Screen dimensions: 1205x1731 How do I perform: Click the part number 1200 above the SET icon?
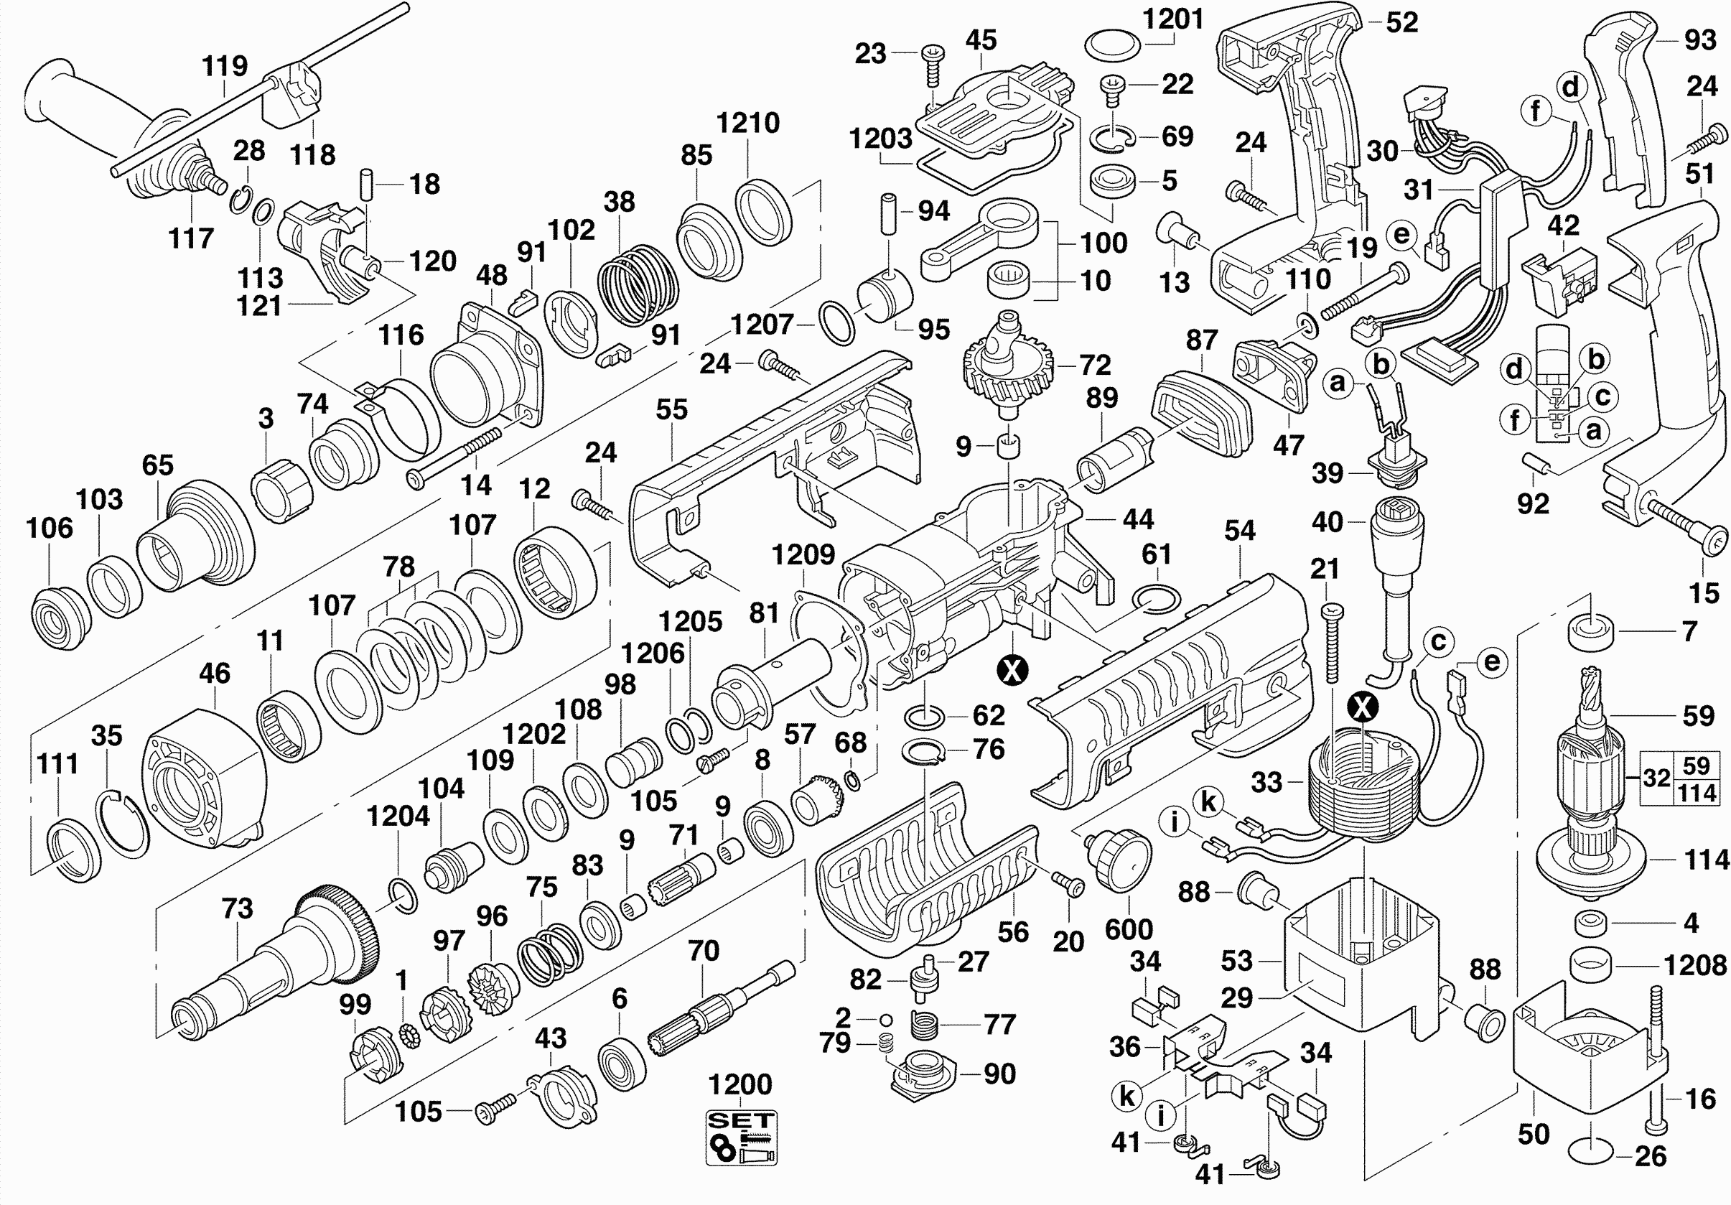739,1084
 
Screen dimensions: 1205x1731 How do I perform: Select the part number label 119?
225,65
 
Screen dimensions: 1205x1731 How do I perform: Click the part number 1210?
747,123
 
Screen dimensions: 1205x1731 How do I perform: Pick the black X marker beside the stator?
1363,707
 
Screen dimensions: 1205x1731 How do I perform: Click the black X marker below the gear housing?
1012,669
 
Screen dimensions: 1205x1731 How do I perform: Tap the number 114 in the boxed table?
1697,794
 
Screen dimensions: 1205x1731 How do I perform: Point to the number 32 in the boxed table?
1656,778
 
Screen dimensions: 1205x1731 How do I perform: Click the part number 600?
1129,929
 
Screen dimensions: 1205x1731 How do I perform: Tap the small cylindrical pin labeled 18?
367,184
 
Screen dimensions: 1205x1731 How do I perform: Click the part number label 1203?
881,138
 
